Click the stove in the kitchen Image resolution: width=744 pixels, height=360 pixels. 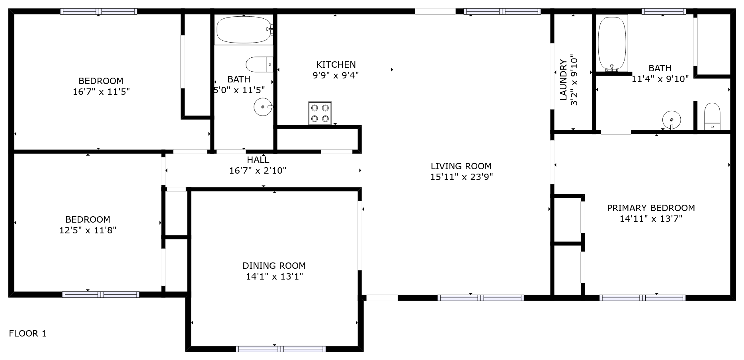pyautogui.click(x=320, y=113)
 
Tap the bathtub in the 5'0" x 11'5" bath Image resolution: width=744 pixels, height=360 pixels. pyautogui.click(x=244, y=30)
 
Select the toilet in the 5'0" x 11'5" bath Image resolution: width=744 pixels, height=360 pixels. pyautogui.click(x=259, y=65)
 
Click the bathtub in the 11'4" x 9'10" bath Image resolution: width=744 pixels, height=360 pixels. pyautogui.click(x=612, y=43)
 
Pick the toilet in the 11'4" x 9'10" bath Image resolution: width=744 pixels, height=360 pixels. pyautogui.click(x=712, y=116)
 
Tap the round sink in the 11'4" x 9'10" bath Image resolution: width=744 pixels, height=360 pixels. pyautogui.click(x=672, y=119)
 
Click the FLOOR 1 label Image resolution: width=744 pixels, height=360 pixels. pyautogui.click(x=28, y=334)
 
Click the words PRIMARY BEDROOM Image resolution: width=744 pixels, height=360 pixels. pyautogui.click(x=651, y=208)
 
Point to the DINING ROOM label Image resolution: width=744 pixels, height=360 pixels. pyautogui.click(x=274, y=266)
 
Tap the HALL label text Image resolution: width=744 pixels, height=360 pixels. pyautogui.click(x=258, y=160)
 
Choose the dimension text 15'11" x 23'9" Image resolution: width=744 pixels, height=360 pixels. pyautogui.click(x=461, y=177)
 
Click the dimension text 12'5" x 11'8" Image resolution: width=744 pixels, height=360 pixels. pyautogui.click(x=88, y=230)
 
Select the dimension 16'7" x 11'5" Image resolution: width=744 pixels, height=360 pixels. pyautogui.click(x=101, y=92)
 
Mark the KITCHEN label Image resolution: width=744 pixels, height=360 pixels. pyautogui.click(x=336, y=65)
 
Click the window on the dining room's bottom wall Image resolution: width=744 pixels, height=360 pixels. pyautogui.click(x=281, y=349)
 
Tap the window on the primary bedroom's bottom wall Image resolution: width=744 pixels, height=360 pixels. pyautogui.click(x=642, y=297)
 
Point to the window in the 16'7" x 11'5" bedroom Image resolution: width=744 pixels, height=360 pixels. pyautogui.click(x=99, y=12)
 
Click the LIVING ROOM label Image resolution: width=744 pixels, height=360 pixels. pyautogui.click(x=461, y=166)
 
